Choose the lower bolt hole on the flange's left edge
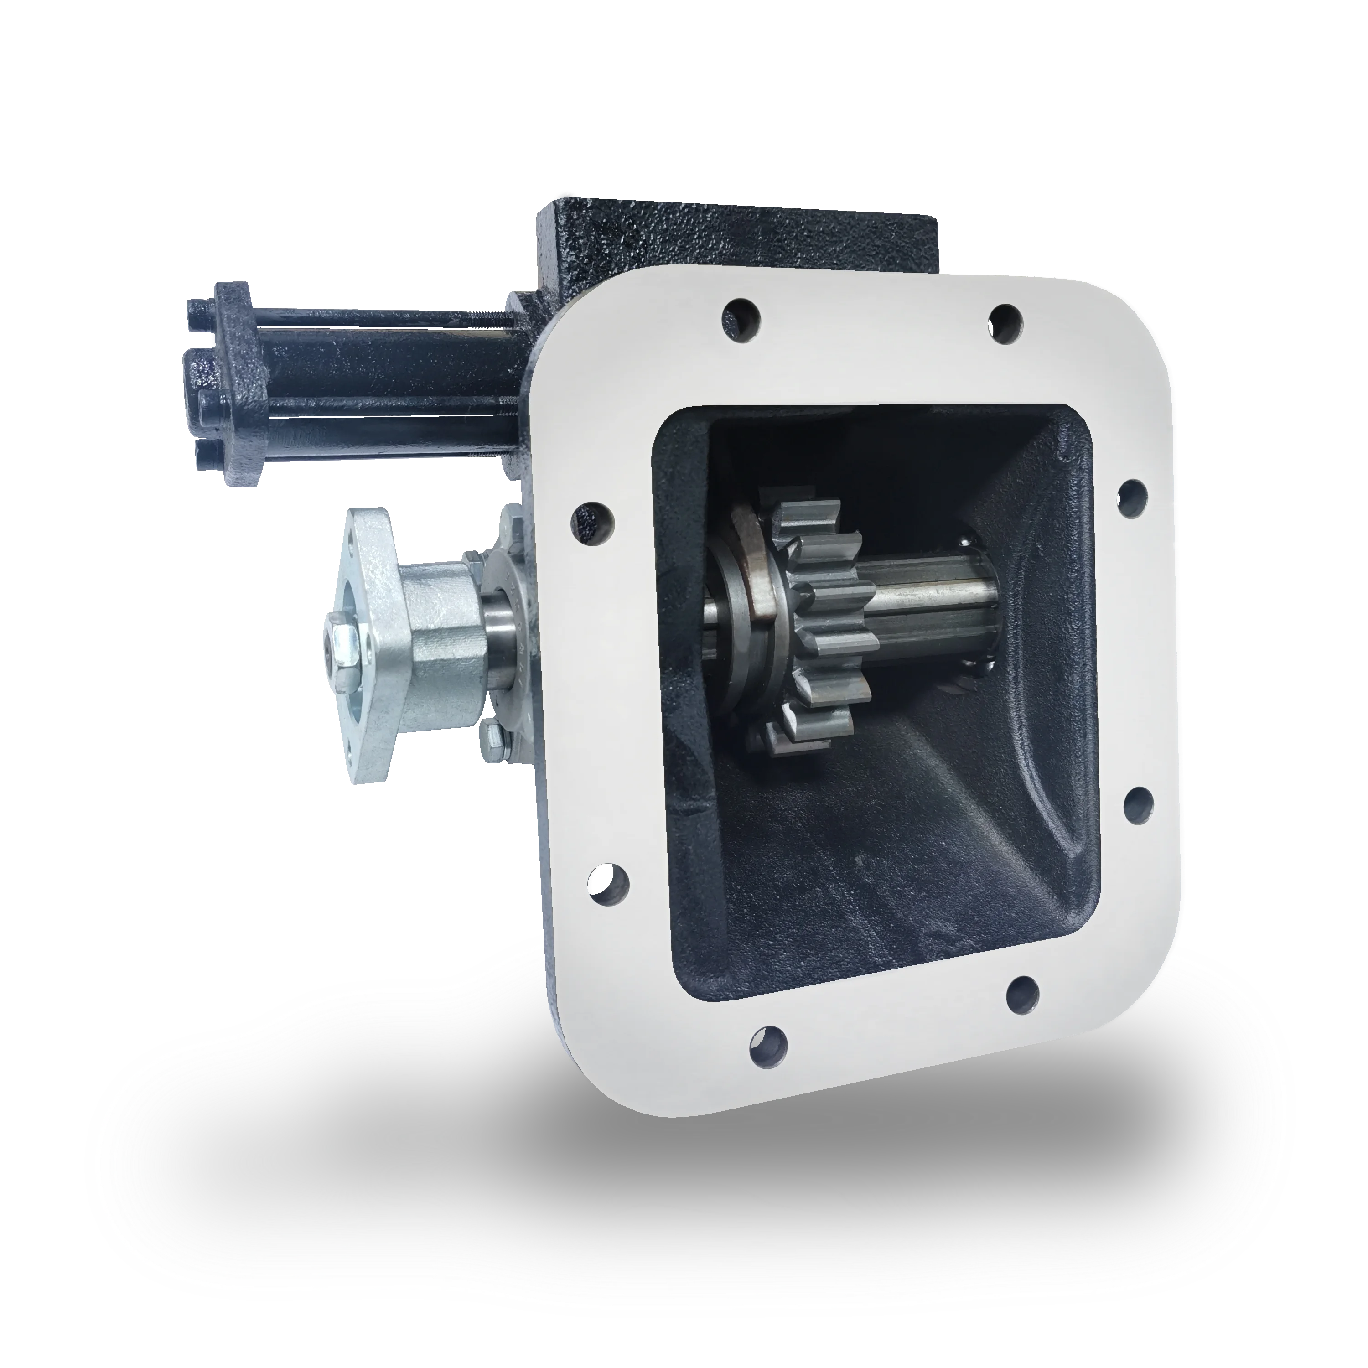pyautogui.click(x=608, y=881)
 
